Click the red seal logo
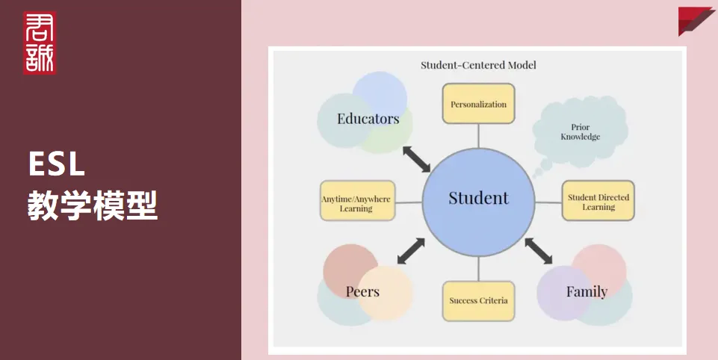[40, 43]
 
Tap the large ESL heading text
[57, 164]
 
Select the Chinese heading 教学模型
[93, 205]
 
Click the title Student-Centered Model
[478, 65]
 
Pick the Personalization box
[478, 104]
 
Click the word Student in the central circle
[478, 198]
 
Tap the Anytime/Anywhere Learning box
[357, 201]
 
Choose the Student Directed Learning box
[598, 201]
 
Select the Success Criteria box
[478, 301]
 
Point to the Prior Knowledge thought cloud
[581, 132]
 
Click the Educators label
[368, 119]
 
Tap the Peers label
[362, 291]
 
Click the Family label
[587, 292]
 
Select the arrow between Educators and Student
[416, 159]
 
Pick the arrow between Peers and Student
[411, 251]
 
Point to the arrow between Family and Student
[539, 251]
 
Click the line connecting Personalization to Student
[478, 136]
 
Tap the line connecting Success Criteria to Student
[478, 269]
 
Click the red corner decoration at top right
[696, 21]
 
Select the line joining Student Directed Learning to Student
[548, 202]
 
